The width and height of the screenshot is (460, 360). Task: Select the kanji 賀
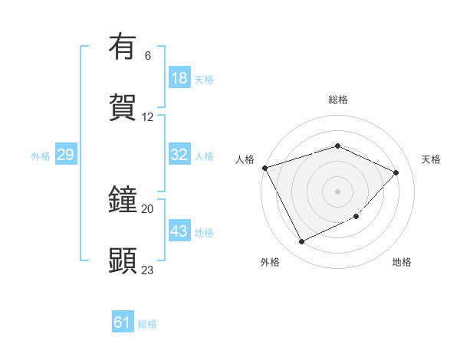coord(123,107)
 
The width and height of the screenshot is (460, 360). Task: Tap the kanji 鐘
coord(123,200)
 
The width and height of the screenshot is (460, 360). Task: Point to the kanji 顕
coord(123,260)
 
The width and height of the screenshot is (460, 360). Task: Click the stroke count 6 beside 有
coord(148,55)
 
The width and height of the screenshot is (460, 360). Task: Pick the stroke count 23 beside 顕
coord(148,270)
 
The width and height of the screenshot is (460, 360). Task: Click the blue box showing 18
coord(179,78)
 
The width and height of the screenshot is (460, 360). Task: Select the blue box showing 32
coord(179,155)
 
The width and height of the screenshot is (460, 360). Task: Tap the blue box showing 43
coord(179,231)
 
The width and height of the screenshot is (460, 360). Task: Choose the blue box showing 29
coord(65,155)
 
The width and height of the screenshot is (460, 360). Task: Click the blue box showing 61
coord(123,322)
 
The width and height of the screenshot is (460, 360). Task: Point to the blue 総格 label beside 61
coord(147,324)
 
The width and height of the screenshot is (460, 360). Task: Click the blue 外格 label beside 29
coord(41,156)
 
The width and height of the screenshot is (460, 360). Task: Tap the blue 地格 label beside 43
coord(204,233)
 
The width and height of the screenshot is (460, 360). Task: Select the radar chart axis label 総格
coord(338,100)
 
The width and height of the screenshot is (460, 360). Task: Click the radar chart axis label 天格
coord(431,159)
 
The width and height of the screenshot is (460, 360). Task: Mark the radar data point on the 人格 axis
coord(264,168)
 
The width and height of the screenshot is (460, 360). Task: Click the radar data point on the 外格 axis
coord(302,242)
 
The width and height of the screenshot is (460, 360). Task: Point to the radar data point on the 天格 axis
coord(396,172)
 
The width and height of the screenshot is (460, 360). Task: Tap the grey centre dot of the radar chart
coord(338,191)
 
